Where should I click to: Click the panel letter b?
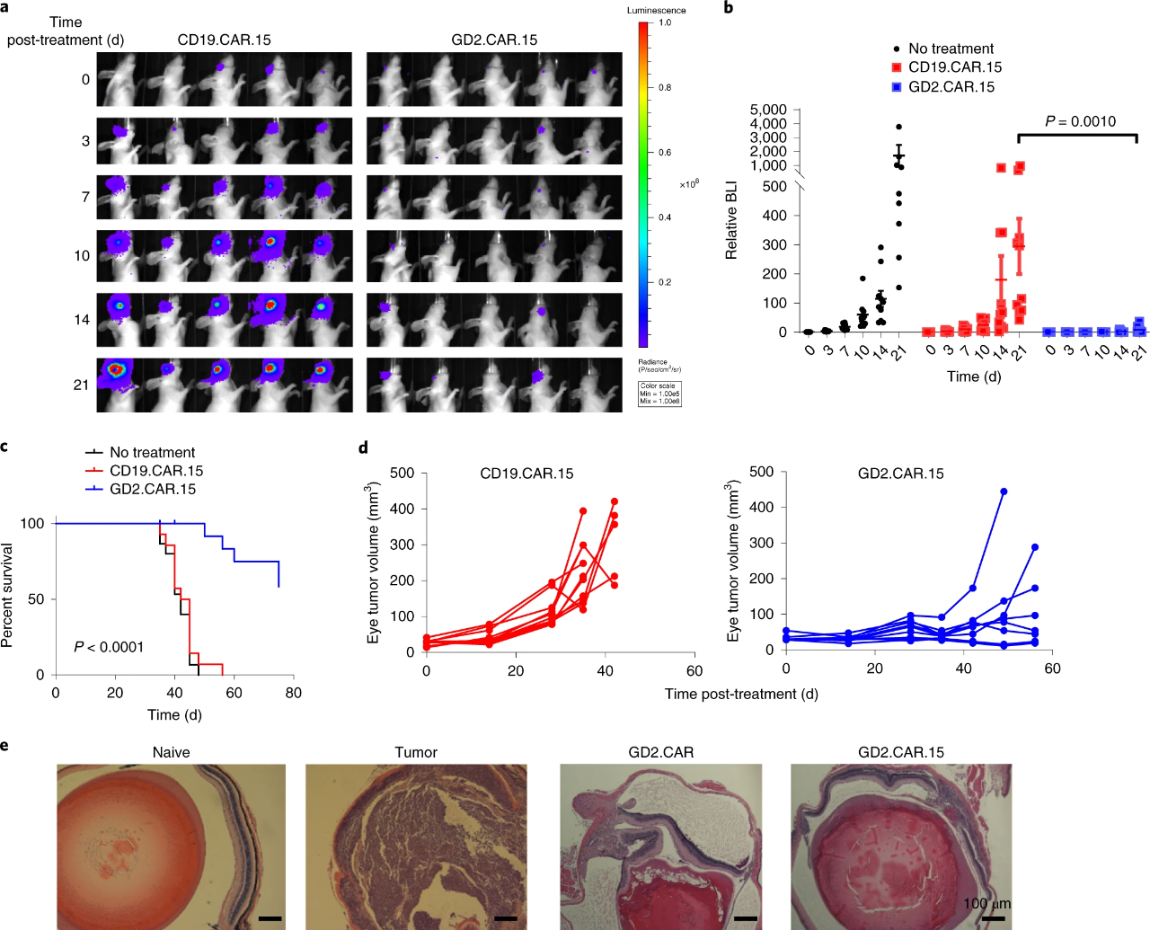point(729,8)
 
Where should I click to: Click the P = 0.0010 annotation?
point(1080,121)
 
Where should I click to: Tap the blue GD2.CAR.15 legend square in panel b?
point(897,87)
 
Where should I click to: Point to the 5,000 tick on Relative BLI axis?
point(768,110)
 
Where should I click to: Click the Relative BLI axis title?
point(731,220)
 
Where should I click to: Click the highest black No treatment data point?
point(898,127)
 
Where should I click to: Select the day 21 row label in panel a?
point(82,385)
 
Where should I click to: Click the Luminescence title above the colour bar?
point(656,11)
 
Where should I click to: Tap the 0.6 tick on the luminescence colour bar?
point(665,153)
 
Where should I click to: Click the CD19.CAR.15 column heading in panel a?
point(224,40)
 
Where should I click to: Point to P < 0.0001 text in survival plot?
point(109,647)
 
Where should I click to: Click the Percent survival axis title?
point(8,596)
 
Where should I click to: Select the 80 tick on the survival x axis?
point(293,693)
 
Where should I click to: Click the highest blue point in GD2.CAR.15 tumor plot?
point(1004,492)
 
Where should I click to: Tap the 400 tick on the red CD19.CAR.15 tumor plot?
point(402,509)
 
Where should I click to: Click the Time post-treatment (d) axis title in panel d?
point(741,694)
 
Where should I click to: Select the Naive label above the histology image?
point(171,752)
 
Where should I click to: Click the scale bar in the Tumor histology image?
point(506,918)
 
